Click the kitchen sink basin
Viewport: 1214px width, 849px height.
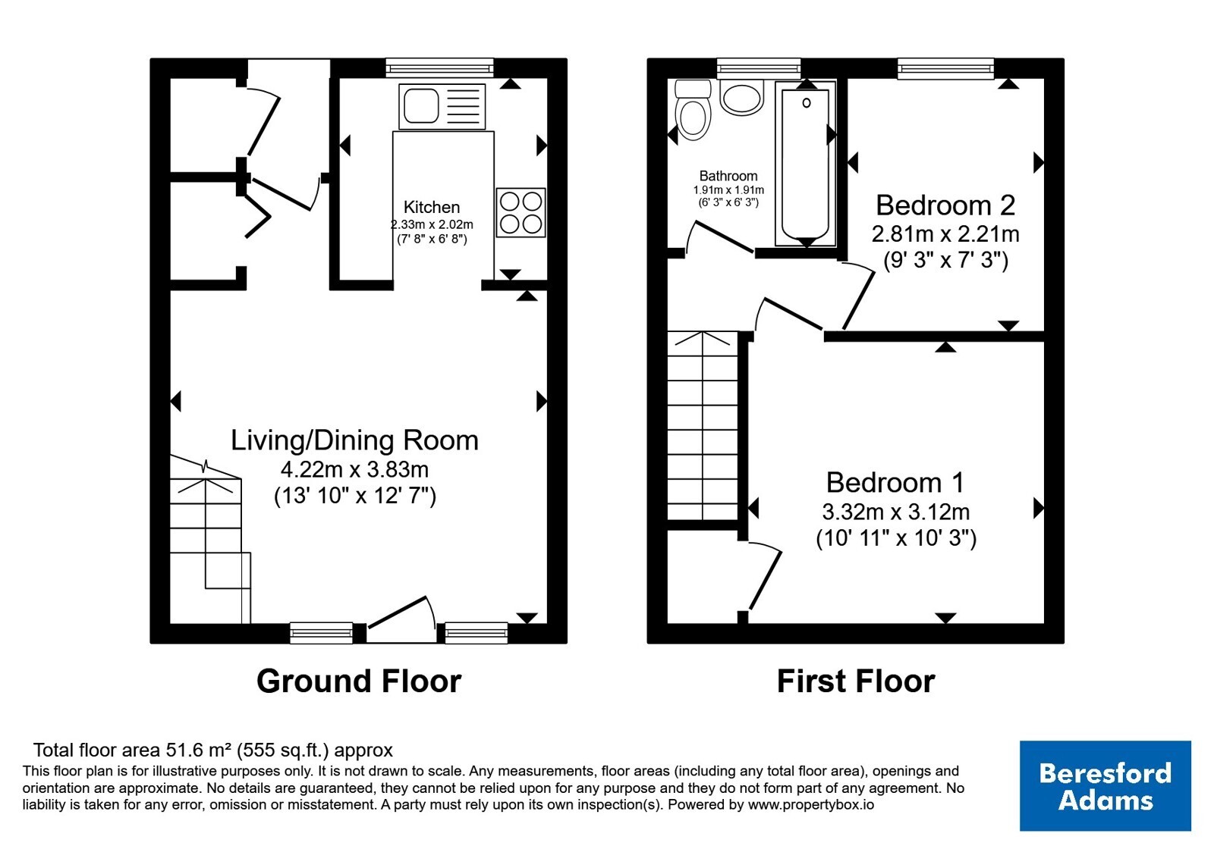(421, 105)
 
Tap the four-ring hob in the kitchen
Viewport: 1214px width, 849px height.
(521, 212)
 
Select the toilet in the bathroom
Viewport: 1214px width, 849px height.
(693, 110)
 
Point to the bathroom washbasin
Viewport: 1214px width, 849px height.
(742, 97)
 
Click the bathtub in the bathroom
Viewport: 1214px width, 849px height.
(806, 164)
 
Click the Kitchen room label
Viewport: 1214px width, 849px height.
(432, 207)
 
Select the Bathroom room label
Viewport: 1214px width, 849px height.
(728, 176)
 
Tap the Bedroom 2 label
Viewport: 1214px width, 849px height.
(945, 205)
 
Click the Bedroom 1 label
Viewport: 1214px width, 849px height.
(895, 482)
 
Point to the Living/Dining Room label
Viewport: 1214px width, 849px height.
(355, 440)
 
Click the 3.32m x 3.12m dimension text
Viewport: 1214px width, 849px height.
(896, 512)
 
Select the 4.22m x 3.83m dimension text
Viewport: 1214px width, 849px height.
(354, 469)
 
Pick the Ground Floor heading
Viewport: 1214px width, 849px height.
(359, 681)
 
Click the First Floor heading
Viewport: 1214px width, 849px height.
(856, 681)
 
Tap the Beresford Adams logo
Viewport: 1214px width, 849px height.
(1105, 785)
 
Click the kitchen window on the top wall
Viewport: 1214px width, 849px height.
(439, 68)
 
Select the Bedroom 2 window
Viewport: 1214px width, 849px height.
(945, 68)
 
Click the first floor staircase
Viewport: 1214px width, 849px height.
(703, 425)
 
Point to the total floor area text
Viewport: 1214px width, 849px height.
(213, 750)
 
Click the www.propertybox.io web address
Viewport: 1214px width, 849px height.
(811, 804)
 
